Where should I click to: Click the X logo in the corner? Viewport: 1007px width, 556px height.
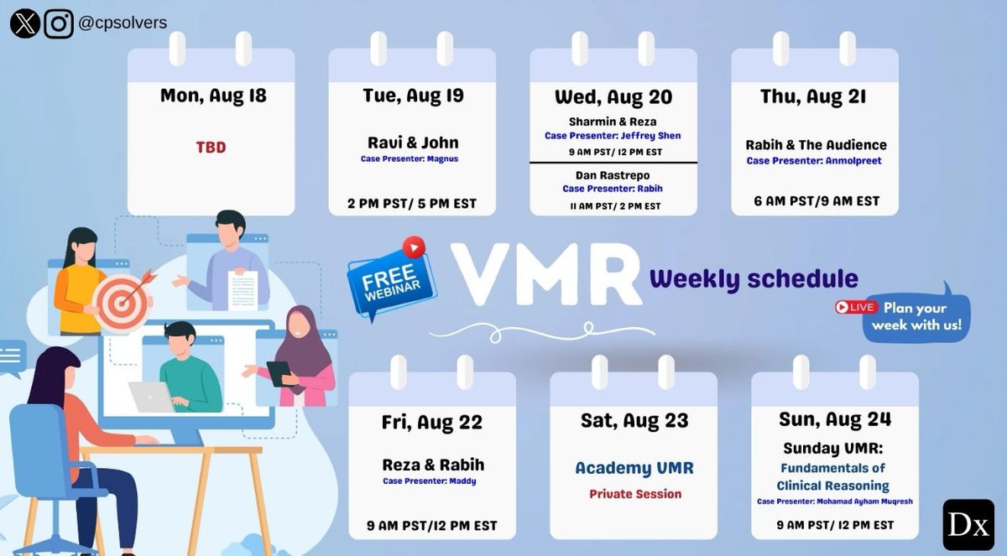click(x=25, y=23)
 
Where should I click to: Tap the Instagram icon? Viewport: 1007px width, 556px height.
click(x=59, y=23)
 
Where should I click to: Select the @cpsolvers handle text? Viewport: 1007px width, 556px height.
click(x=123, y=23)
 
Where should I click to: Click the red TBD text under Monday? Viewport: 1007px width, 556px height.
click(x=211, y=148)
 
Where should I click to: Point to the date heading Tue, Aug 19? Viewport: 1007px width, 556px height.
click(x=412, y=96)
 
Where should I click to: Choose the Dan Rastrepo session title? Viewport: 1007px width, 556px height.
click(x=613, y=175)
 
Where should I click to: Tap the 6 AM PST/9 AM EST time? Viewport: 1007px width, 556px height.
click(x=814, y=201)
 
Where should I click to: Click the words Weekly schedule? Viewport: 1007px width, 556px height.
click(x=754, y=278)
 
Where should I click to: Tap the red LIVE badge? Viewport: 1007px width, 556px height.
click(x=856, y=307)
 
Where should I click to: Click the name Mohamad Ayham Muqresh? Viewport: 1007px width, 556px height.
click(x=868, y=501)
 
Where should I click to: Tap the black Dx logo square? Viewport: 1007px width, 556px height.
click(x=968, y=525)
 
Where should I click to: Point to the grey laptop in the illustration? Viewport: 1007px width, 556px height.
click(x=152, y=397)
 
